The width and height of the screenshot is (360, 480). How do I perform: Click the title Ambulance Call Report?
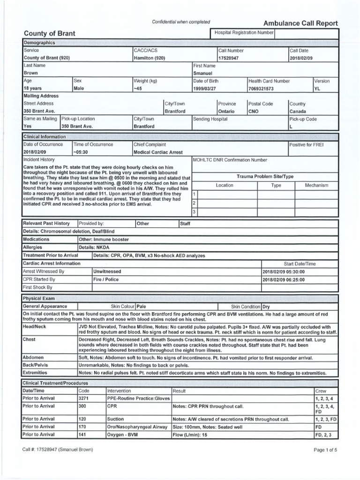[x=300, y=23]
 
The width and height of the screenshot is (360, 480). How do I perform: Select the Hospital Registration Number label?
[x=244, y=33]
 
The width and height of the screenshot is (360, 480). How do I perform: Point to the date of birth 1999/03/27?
[x=205, y=89]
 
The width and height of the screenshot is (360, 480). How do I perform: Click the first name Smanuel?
[x=203, y=74]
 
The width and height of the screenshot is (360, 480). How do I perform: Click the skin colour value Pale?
[x=141, y=306]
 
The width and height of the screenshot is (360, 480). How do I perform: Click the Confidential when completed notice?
[x=181, y=22]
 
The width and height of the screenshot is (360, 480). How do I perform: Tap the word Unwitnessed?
[x=107, y=271]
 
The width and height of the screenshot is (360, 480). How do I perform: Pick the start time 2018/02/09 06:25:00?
[x=284, y=279]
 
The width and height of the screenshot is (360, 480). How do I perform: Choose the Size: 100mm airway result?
[x=208, y=427]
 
